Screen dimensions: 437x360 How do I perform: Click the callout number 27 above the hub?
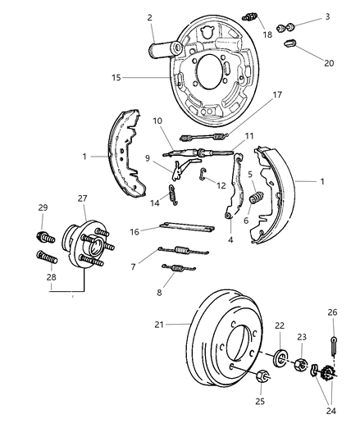tap(82, 198)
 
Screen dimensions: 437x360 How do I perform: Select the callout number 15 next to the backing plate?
tap(117, 78)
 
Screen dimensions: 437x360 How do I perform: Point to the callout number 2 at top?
tap(149, 16)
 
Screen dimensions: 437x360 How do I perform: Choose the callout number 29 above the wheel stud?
tap(43, 208)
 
